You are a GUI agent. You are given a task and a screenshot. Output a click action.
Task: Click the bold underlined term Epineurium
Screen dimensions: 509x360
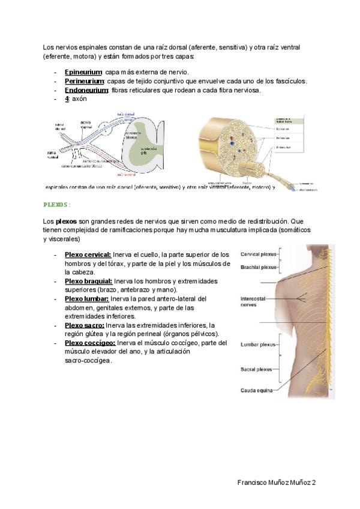click(83, 72)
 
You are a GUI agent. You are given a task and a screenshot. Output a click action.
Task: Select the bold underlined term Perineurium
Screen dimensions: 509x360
click(84, 81)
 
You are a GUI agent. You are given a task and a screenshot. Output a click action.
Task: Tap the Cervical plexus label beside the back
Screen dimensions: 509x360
click(259, 254)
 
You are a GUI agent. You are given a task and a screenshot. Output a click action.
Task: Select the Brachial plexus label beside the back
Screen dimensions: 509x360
click(259, 267)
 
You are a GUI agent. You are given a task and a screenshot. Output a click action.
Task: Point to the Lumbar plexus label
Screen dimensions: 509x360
click(258, 345)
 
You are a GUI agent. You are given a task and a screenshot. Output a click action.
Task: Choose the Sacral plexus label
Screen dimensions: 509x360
click(256, 370)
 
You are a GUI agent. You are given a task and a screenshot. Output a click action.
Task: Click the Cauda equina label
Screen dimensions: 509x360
click(256, 391)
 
